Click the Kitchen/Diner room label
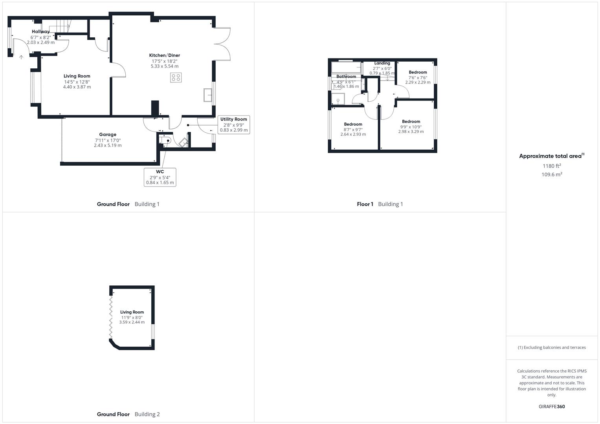pyautogui.click(x=164, y=55)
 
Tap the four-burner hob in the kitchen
pyautogui.click(x=176, y=77)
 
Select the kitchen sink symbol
pyautogui.click(x=208, y=95)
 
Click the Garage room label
pyautogui.click(x=107, y=135)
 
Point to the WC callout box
pyautogui.click(x=160, y=177)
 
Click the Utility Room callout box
pyautogui.click(x=234, y=124)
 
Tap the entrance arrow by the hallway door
pyautogui.click(x=21, y=57)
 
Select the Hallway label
pyautogui.click(x=40, y=31)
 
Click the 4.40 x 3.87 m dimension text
pyautogui.click(x=77, y=87)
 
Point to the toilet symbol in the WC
pyautogui.click(x=166, y=140)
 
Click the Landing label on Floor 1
pyautogui.click(x=382, y=63)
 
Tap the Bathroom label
pyautogui.click(x=346, y=77)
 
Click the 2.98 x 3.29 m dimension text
pyautogui.click(x=411, y=132)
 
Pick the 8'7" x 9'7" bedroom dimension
pyautogui.click(x=353, y=129)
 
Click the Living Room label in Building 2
pyautogui.click(x=132, y=312)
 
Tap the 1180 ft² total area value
pyautogui.click(x=552, y=166)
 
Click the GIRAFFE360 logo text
pyautogui.click(x=551, y=406)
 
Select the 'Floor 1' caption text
pyautogui.click(x=365, y=204)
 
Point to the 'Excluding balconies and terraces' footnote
pyautogui.click(x=552, y=347)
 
